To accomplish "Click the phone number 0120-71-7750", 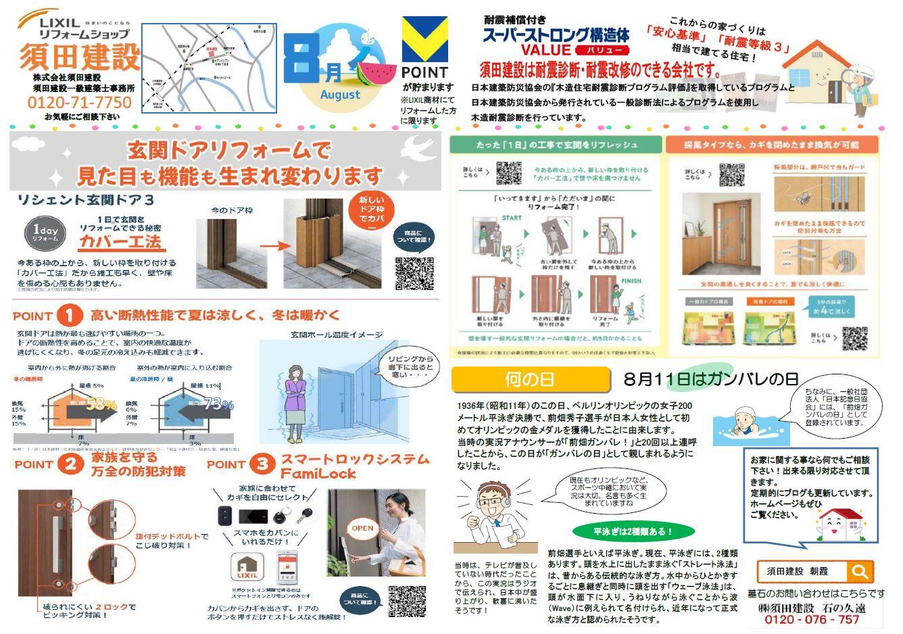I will (80, 103).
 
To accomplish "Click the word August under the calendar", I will (340, 95).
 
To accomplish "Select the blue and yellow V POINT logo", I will (424, 40).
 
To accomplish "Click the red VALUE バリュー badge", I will (602, 51).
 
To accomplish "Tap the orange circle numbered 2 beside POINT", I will (71, 464).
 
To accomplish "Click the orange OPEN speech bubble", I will (362, 528).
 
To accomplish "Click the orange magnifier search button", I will (860, 572).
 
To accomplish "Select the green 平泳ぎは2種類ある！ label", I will (623, 531).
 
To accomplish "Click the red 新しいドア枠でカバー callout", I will (371, 212).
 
